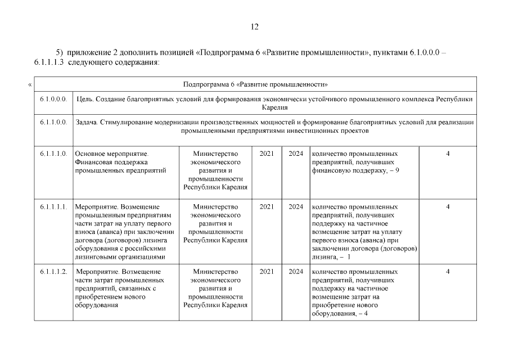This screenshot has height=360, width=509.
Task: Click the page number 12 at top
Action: point(254,26)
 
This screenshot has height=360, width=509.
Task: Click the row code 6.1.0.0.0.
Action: point(53,99)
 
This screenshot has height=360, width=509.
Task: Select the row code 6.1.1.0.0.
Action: point(53,122)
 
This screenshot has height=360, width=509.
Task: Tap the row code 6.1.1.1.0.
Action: point(53,154)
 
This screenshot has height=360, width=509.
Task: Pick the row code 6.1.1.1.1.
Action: point(53,206)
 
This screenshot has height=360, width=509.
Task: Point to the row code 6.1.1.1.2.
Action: point(53,272)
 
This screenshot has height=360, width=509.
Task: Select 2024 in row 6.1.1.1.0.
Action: point(295,154)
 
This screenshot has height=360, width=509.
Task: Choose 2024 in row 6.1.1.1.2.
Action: point(295,272)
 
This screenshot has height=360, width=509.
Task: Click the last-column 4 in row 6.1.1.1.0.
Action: point(448,154)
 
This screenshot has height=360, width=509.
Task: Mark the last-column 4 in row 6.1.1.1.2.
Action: point(448,272)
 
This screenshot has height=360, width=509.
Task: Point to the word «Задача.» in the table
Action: point(87,122)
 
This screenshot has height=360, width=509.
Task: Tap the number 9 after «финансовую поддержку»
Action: point(397,170)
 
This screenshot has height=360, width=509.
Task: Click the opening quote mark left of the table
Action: point(29,85)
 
